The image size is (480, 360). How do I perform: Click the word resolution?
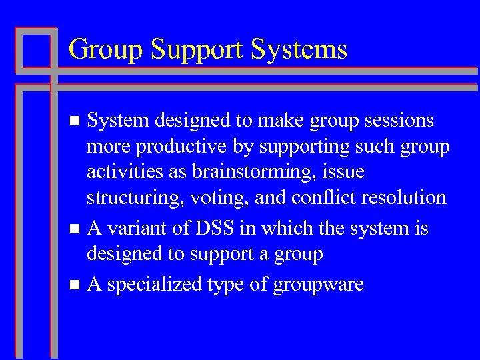405,197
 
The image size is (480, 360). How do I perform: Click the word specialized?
154,286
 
